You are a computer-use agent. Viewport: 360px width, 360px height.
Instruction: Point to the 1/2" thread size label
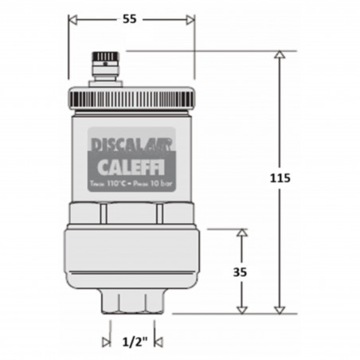(132, 342)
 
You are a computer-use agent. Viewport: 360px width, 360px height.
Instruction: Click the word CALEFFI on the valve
(132, 170)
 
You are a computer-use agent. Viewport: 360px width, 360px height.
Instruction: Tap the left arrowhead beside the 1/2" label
(106, 342)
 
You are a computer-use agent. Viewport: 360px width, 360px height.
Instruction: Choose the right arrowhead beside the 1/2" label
(158, 342)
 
